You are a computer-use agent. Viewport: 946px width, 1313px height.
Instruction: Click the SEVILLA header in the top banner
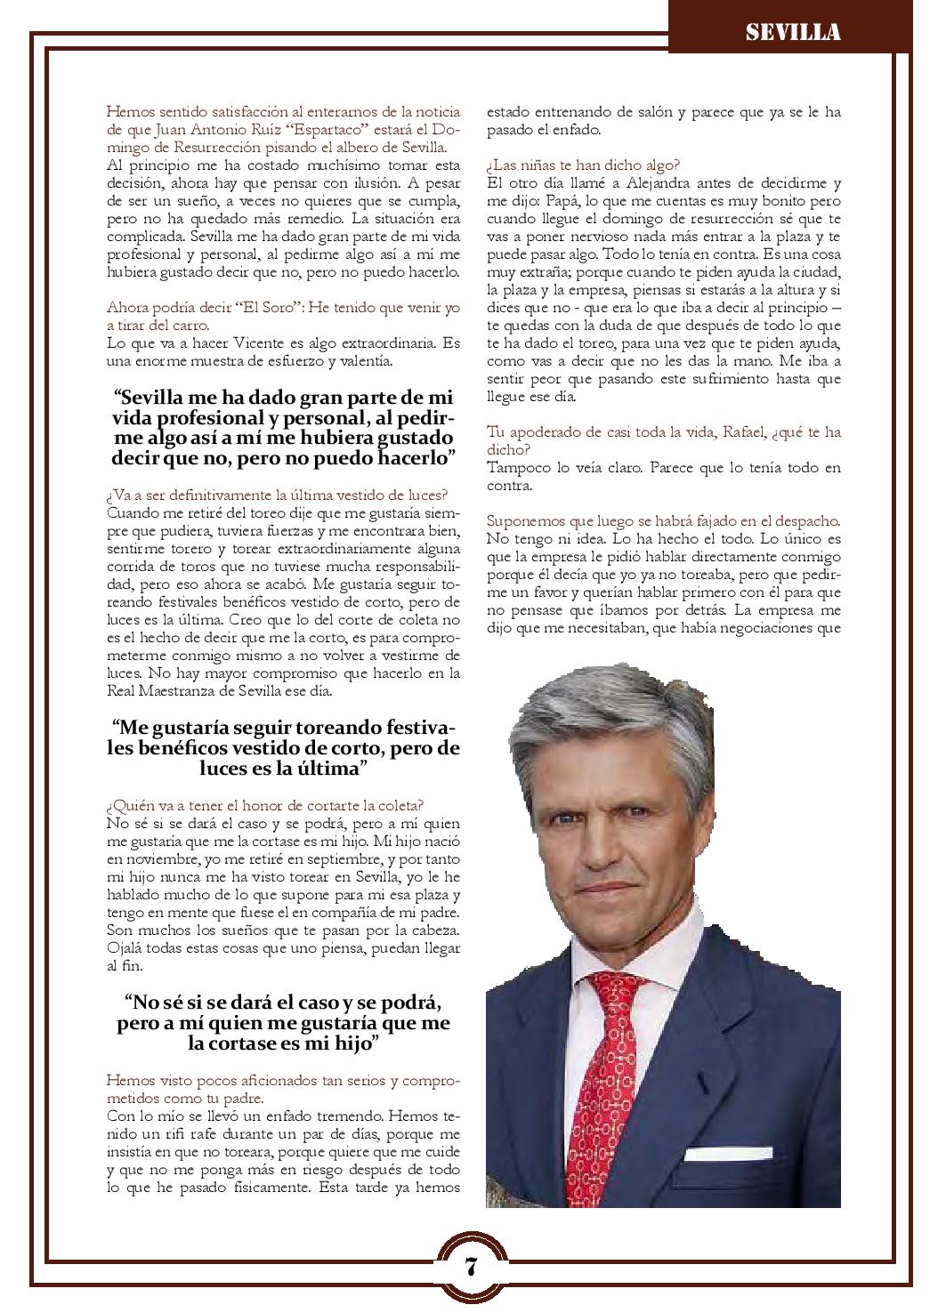793,33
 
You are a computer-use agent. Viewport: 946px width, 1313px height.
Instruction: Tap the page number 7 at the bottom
471,1266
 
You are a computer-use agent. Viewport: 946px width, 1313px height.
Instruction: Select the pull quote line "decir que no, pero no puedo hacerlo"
283,458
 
